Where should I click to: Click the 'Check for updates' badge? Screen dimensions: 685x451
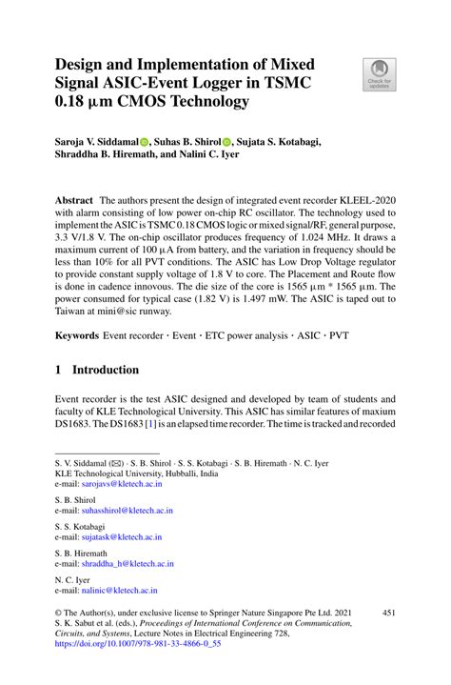pyautogui.click(x=378, y=72)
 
